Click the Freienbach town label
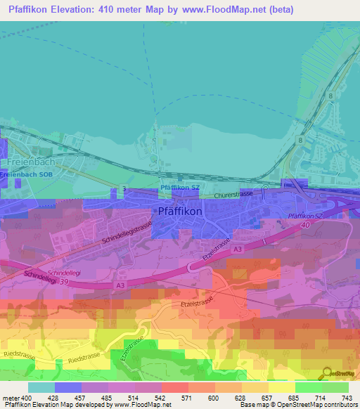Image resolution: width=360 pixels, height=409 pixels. pos(27,162)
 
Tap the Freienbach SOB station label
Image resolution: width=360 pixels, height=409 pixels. pos(27,174)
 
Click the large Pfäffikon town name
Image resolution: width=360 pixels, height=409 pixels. pos(179,211)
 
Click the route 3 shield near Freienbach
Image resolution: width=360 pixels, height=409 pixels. pos(124,189)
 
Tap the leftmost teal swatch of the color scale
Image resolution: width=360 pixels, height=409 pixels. pos(41,387)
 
